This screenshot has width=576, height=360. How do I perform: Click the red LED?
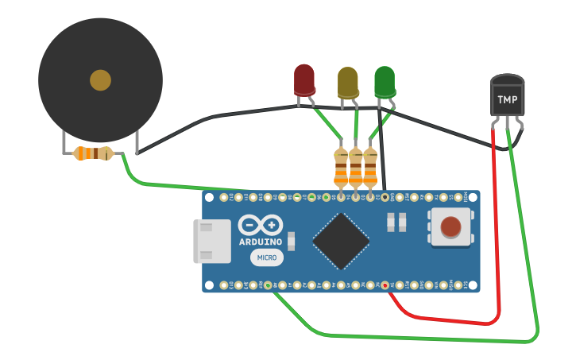[x=304, y=80]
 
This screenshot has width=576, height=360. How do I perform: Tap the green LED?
[x=385, y=82]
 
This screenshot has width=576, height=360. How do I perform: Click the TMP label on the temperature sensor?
[x=507, y=100]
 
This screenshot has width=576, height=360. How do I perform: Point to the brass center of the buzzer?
[x=100, y=80]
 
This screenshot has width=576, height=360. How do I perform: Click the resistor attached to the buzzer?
[x=92, y=153]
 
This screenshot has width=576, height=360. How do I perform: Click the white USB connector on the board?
[x=211, y=242]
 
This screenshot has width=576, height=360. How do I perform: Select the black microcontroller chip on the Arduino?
[x=341, y=241]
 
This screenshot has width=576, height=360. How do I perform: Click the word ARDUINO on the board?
[x=260, y=242]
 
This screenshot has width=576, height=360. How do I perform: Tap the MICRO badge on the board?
[x=267, y=257]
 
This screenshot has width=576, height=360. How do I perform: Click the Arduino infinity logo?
[x=260, y=225]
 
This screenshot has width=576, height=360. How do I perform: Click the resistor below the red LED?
[x=342, y=169]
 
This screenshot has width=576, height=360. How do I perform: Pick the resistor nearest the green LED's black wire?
[x=370, y=169]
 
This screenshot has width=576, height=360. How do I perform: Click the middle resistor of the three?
[x=356, y=169]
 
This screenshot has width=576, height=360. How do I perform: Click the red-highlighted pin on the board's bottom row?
[x=385, y=285]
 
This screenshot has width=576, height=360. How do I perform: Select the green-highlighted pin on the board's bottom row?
[x=268, y=285]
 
